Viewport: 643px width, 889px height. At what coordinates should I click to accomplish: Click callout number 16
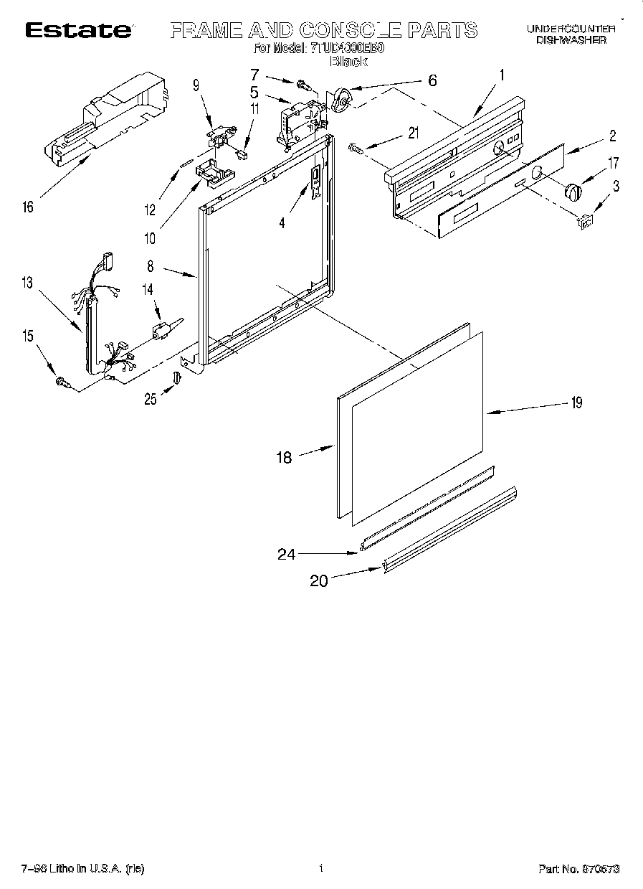click(28, 207)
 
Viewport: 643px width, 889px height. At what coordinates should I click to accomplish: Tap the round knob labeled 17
click(572, 192)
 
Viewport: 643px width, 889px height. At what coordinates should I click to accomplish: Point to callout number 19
click(576, 403)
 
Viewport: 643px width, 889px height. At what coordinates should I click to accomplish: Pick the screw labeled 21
click(356, 147)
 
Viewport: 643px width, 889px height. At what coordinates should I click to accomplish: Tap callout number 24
click(287, 553)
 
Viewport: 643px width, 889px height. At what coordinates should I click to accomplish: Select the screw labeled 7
click(303, 86)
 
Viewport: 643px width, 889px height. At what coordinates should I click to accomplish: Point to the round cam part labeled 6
click(340, 99)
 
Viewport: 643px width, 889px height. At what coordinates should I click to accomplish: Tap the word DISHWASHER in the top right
click(571, 41)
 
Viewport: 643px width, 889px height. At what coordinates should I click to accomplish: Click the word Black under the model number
click(348, 62)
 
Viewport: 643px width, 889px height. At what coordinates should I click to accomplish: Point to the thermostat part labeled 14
click(161, 330)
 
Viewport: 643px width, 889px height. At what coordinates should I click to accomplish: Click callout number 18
click(285, 456)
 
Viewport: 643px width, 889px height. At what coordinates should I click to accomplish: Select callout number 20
click(318, 580)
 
